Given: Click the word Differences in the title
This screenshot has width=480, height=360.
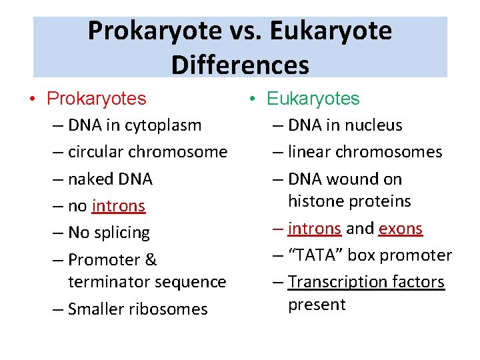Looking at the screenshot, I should [240, 65].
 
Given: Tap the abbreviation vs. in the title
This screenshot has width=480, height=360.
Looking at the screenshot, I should [244, 31].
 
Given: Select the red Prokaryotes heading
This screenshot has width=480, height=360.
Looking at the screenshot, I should [96, 99].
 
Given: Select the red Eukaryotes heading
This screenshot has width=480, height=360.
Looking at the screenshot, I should [313, 99].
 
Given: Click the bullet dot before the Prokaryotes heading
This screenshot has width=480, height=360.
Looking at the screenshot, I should [33, 99].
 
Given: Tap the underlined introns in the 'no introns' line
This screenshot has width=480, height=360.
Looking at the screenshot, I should [118, 206].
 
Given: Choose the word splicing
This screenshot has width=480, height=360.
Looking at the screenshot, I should [122, 233].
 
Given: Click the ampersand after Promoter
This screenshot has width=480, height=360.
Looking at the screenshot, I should [151, 260].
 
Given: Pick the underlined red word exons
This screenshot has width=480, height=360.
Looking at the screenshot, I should [400, 229].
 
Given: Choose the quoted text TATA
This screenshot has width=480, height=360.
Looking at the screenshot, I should [318, 255].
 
